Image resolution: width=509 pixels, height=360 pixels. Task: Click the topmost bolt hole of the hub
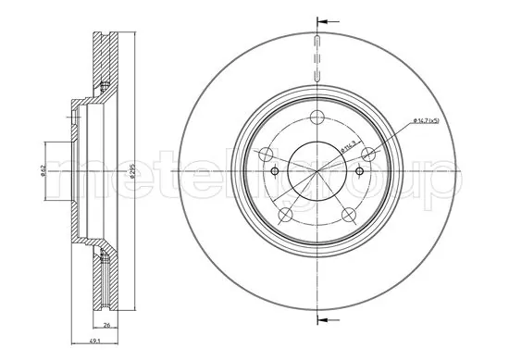tap(317, 118)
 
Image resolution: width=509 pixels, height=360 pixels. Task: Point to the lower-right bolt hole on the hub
tap(350, 214)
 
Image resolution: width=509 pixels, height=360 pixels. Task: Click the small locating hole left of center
tap(274, 171)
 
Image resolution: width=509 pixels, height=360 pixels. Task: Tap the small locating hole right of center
tap(359, 171)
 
